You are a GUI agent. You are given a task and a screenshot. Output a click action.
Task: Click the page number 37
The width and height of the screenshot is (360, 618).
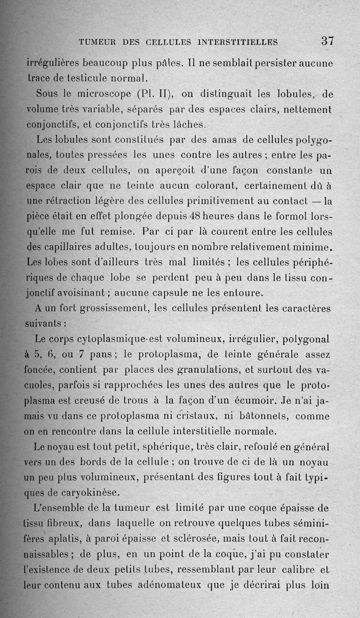point(327,41)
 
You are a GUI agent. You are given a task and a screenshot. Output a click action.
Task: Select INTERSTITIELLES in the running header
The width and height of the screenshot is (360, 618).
point(237,42)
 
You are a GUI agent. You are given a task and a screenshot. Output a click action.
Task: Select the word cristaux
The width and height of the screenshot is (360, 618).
point(201,416)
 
